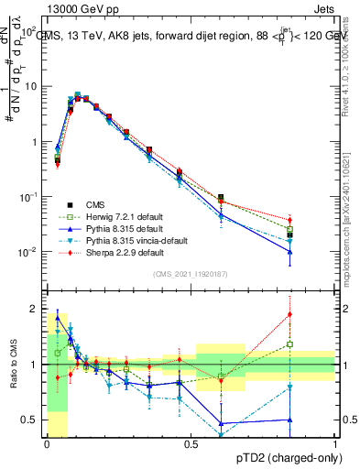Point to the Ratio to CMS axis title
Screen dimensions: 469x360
pyautogui.click(x=12, y=366)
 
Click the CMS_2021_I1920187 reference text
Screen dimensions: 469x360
pyautogui.click(x=191, y=273)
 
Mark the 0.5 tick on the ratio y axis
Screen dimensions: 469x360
pyautogui.click(x=30, y=420)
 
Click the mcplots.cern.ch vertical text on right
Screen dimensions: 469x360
pyautogui.click(x=353, y=229)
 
